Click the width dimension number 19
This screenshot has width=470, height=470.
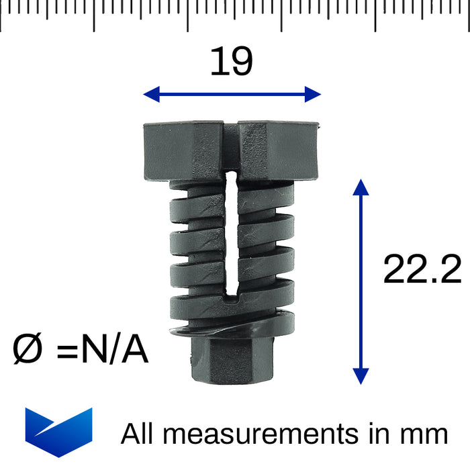[232, 62]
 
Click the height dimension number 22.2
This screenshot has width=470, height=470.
[422, 269]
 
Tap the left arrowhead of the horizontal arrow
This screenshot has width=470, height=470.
[151, 95]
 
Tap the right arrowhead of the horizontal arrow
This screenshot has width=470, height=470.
[313, 95]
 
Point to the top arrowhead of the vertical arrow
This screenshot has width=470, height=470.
[361, 187]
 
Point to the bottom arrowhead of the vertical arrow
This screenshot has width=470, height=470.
[361, 377]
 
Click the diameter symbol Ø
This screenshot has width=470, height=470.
[28, 348]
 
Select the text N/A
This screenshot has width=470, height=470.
[115, 348]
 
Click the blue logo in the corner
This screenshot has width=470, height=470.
[59, 432]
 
